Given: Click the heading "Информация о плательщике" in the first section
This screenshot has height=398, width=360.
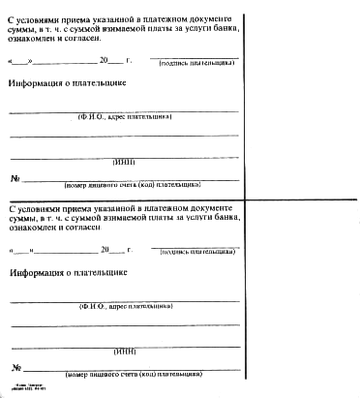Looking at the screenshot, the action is (x=67, y=83).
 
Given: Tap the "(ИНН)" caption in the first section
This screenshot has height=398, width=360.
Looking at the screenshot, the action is (x=126, y=161).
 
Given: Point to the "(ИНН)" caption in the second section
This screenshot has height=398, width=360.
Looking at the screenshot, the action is (x=126, y=351).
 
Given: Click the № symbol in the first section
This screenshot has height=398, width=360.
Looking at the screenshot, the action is (x=15, y=178).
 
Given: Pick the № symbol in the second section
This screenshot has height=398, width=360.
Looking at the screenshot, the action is (x=15, y=367).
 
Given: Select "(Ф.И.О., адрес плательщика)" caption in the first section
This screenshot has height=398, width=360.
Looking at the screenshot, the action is (x=125, y=116).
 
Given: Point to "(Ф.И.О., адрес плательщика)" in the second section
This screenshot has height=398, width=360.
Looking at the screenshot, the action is (x=125, y=306).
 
